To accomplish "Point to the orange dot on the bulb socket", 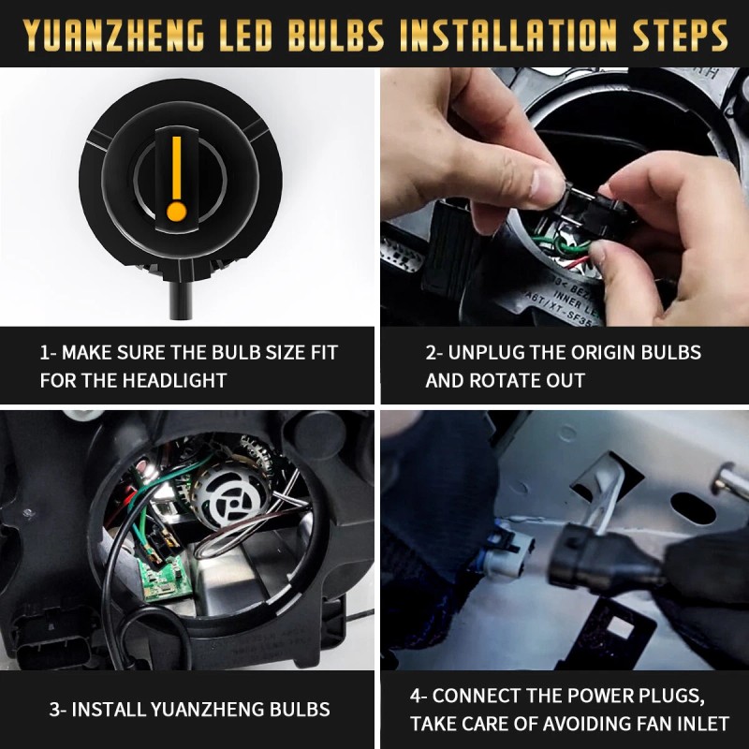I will coord(174,212).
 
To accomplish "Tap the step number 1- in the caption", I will coord(50,353).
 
